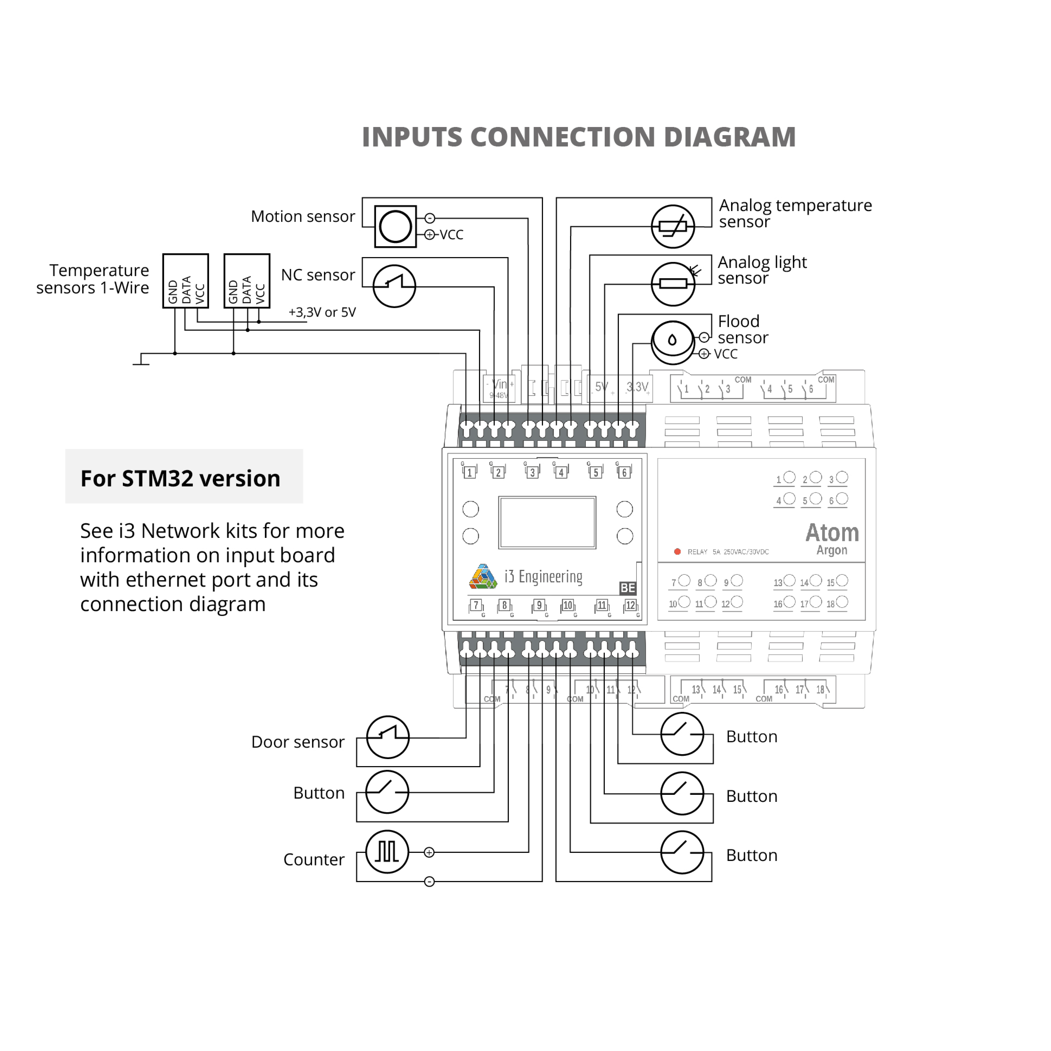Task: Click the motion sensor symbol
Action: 395,226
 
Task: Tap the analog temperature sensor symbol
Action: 673,226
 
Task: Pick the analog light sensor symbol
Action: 673,283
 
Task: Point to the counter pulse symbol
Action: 387,852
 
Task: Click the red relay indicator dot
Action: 677,552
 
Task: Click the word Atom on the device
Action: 832,533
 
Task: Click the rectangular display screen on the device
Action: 547,522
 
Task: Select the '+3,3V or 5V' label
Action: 322,312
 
